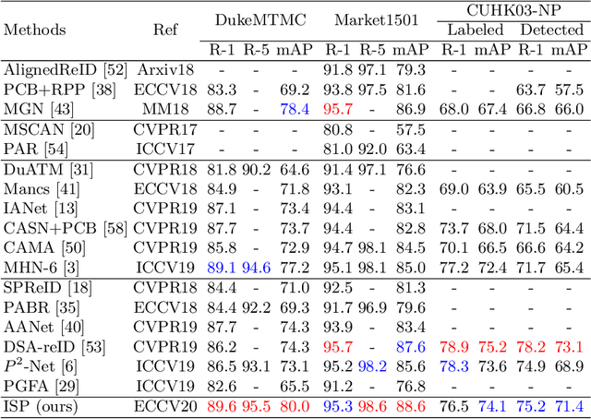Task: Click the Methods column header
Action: coord(36,29)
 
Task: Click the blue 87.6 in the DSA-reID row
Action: coord(409,346)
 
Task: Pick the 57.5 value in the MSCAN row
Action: coord(409,129)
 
